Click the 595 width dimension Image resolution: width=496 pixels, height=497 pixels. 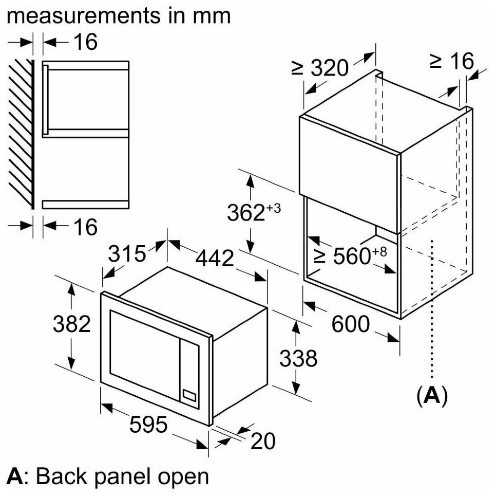(x=148, y=425)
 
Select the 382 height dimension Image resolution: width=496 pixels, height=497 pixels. (x=72, y=324)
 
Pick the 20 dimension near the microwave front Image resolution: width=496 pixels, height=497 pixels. (x=264, y=440)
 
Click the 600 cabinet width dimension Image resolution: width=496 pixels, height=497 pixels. (x=350, y=324)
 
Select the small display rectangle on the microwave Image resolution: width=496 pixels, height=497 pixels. (x=189, y=396)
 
